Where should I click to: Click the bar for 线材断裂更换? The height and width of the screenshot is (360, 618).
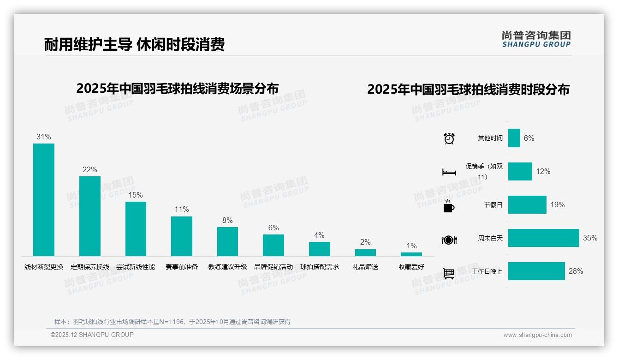tap(44, 199)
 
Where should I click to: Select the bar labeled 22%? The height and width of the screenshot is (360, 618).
tap(89, 216)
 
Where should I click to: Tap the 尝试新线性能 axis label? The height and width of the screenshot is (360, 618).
tap(136, 267)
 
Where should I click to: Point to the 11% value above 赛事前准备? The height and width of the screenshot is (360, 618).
tap(182, 209)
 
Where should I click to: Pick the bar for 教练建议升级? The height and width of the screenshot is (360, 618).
tap(227, 241)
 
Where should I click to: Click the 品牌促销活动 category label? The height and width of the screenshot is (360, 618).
tap(273, 267)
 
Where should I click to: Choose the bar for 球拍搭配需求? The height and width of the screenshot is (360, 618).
tap(319, 249)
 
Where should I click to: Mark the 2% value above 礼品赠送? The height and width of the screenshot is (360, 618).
tap(365, 242)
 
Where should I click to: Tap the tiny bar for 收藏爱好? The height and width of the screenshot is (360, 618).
tap(411, 254)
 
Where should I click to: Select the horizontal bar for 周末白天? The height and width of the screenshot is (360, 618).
tap(543, 238)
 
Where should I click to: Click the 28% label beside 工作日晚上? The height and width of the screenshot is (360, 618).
tap(576, 271)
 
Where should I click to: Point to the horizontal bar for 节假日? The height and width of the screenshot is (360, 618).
tap(527, 204)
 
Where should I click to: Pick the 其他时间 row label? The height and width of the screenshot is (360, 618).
tap(490, 138)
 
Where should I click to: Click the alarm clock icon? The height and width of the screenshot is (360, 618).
tap(449, 138)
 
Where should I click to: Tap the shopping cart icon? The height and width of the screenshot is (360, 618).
tap(449, 273)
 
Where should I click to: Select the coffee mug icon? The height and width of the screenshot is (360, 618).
tap(449, 206)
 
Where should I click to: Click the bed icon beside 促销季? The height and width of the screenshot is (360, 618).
tap(449, 172)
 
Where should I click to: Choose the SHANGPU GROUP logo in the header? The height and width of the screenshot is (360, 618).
tap(536, 39)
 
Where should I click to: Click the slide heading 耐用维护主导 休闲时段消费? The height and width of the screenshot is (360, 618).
tap(134, 45)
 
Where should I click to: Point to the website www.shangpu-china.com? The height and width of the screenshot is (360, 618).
tap(537, 335)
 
